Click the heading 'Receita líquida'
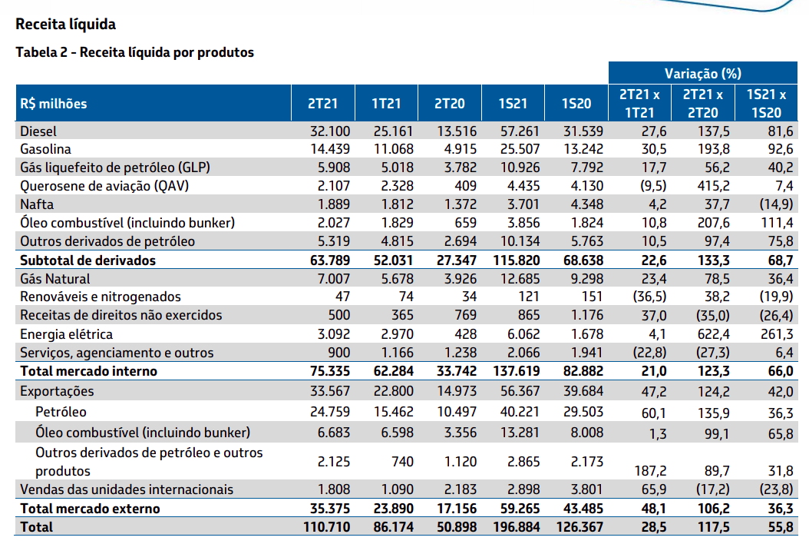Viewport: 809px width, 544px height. click(x=65, y=25)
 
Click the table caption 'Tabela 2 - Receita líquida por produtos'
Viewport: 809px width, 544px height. click(x=134, y=53)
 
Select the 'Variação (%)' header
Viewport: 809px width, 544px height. click(x=702, y=74)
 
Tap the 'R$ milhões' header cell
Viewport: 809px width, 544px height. click(x=54, y=104)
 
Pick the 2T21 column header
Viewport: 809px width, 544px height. click(x=322, y=104)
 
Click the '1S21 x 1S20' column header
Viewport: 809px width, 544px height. click(x=765, y=104)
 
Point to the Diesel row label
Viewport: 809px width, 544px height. click(x=39, y=131)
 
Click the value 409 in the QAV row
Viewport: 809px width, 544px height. click(x=464, y=186)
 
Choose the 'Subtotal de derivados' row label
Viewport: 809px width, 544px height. click(x=88, y=260)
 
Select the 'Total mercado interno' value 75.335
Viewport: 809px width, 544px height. click(x=329, y=371)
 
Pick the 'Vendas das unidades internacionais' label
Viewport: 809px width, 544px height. click(x=127, y=489)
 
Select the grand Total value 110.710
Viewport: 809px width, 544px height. click(x=325, y=527)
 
